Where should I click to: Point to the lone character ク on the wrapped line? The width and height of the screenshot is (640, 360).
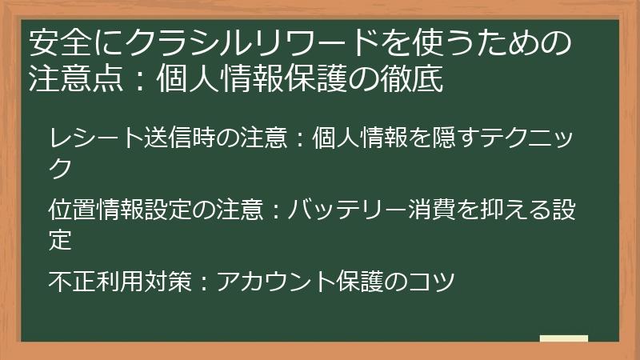coord(60,167)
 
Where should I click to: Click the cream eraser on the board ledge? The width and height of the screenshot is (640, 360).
coord(564,339)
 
